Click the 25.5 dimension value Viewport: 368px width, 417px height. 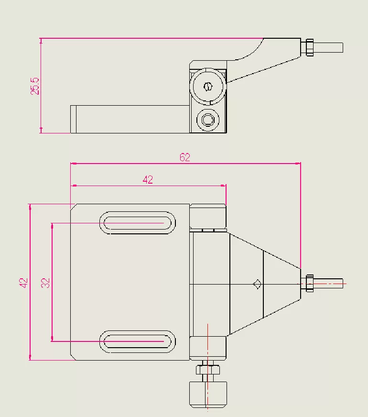coord(35,86)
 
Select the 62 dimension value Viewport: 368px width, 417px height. coord(185,157)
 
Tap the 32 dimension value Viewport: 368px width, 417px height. coord(45,283)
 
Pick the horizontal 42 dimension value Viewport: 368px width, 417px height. coord(148,180)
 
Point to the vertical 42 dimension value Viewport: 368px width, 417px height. coord(23,283)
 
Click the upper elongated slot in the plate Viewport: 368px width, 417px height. coord(138,223)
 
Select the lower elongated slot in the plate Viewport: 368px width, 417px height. coord(138,341)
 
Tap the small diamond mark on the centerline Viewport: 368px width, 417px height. coord(257,284)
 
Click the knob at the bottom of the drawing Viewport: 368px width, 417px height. coord(208,395)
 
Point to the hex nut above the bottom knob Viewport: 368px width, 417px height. coord(208,370)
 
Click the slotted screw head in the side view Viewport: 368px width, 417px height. coord(208,86)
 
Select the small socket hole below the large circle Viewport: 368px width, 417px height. coord(208,120)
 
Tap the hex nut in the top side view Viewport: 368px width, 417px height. coord(309,47)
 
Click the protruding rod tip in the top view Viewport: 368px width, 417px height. coord(328,47)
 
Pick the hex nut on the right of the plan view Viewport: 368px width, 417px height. coord(309,284)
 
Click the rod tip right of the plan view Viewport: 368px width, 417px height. coord(328,284)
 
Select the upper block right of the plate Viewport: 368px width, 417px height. coord(208,216)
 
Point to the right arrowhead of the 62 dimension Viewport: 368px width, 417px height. coord(298,164)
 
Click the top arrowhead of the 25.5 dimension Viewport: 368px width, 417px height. coord(41,41)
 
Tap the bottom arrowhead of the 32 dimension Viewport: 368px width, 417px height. coord(52,339)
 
